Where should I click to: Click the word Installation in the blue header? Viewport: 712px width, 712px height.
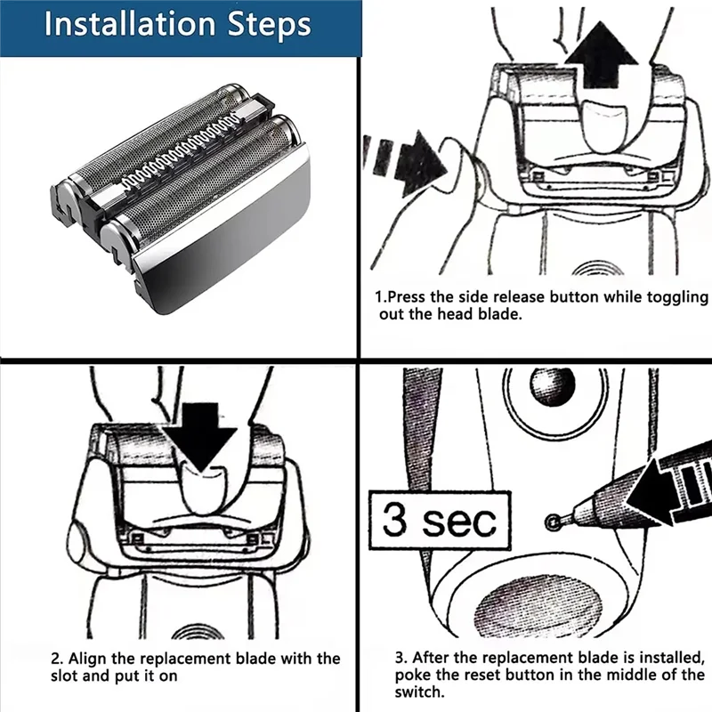pos(129,24)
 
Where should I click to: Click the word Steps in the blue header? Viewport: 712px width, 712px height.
pos(270,26)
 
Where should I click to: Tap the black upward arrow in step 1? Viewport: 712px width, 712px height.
pos(601,55)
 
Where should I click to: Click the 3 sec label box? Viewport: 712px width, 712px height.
pos(440,521)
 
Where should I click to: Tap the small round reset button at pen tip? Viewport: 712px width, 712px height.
pos(553,522)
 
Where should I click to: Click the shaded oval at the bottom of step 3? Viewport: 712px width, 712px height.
pos(541,604)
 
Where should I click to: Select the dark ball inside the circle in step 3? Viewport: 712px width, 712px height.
pos(552,386)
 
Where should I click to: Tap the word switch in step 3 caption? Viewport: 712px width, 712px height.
pos(418,692)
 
